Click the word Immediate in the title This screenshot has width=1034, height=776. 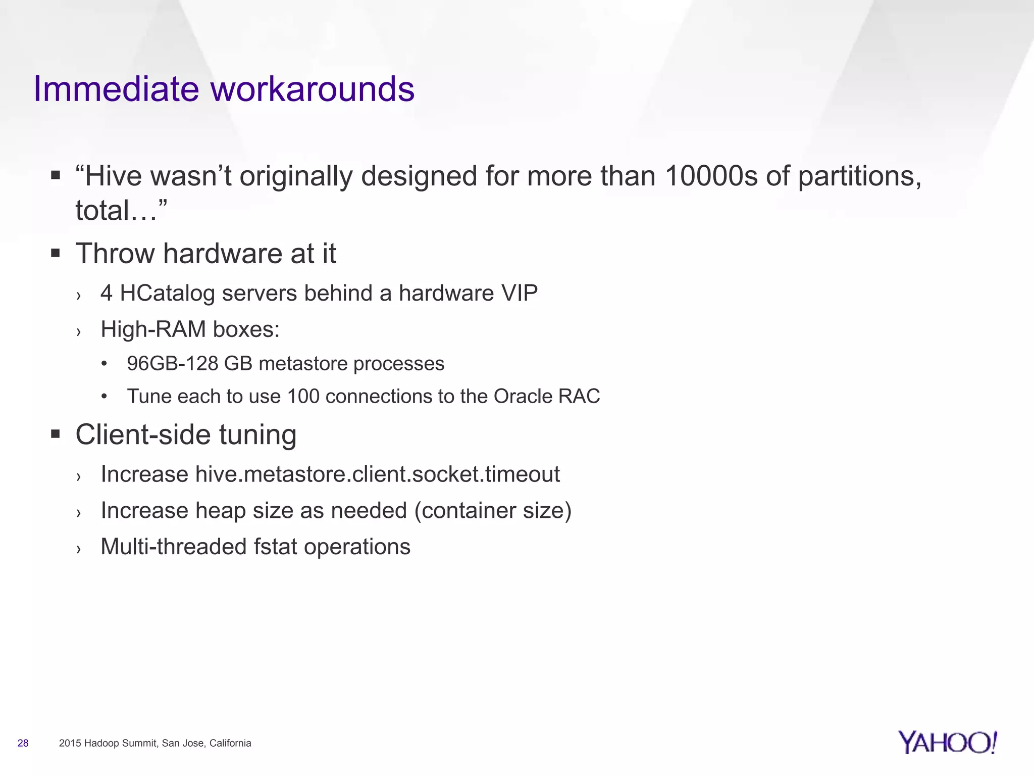116,89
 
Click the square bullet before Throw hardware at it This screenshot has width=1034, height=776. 56,253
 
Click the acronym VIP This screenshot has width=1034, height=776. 520,293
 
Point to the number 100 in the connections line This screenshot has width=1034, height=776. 303,397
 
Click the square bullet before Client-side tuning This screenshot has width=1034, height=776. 56,434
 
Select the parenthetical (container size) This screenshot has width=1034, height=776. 493,511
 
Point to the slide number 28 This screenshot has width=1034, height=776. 23,743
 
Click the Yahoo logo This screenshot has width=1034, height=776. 947,743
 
